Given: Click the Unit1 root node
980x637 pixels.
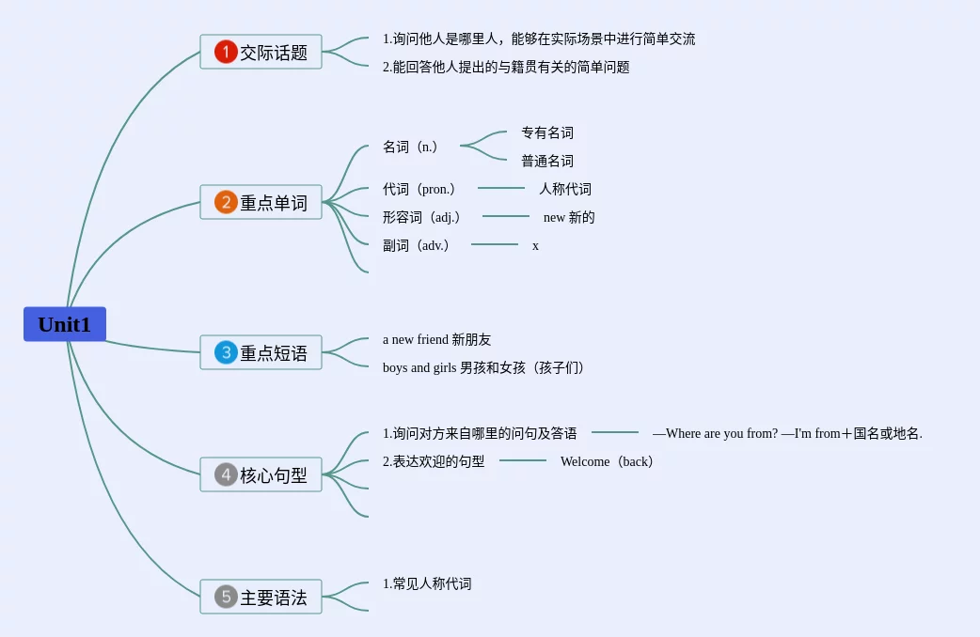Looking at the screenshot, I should point(64,324).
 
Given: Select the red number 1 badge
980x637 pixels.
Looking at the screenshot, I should point(226,52).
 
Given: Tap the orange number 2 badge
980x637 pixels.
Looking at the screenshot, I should point(226,202).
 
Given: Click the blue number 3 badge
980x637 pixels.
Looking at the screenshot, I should point(226,352).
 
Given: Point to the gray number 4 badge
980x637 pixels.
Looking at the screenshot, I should point(226,474).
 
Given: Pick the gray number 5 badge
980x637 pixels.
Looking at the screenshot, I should point(226,597).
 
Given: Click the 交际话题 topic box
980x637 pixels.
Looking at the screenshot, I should point(261,52).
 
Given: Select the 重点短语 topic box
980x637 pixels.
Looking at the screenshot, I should point(261,352).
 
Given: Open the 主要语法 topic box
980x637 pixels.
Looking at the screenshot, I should point(261,597).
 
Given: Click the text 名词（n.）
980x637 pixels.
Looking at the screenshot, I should point(411,147).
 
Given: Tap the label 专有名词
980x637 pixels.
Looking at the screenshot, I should point(547,132).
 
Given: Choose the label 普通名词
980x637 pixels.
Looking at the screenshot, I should point(547,161).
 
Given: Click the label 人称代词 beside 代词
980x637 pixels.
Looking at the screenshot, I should point(565,189).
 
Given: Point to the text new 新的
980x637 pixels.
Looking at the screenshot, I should point(569,217).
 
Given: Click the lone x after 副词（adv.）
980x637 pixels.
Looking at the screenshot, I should point(536,246).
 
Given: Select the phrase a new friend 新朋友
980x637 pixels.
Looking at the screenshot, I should point(436,339).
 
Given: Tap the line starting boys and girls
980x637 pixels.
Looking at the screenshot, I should point(484,367).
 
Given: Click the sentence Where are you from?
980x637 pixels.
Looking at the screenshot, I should point(721,433).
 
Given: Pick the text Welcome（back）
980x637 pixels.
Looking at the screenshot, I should point(607,461).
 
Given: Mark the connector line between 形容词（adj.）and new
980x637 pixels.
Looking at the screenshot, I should point(506,216).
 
